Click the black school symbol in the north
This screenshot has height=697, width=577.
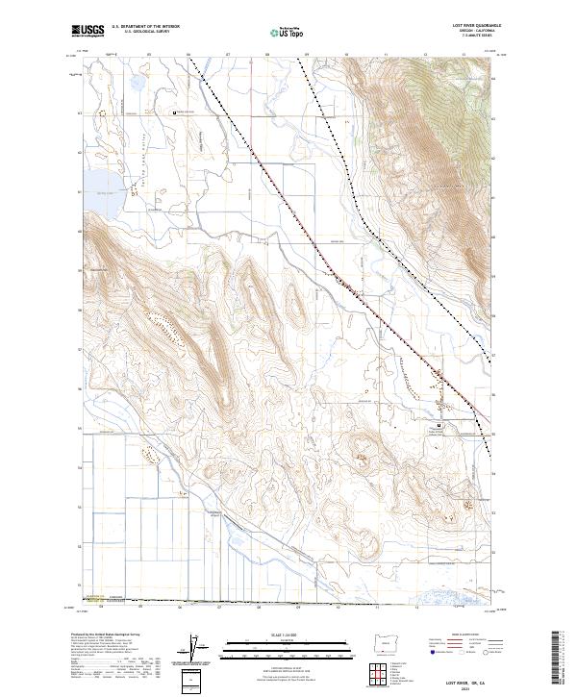point(174,112)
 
